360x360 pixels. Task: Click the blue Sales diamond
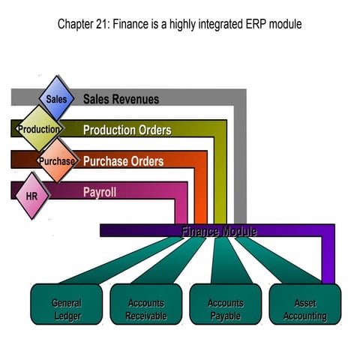(57, 98)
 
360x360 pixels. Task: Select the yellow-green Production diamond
(39, 129)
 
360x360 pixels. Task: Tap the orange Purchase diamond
(57, 160)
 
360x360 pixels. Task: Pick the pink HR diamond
(31, 196)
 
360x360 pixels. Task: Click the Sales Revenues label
(121, 99)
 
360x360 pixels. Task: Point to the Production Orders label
(127, 130)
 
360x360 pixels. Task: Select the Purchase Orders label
(124, 161)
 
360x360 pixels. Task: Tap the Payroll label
(100, 193)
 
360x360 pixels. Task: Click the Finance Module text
(219, 231)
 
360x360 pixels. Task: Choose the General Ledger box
(67, 304)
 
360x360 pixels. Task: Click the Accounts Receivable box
(146, 304)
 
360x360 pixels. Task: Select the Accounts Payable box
(226, 304)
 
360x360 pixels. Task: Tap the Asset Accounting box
(305, 304)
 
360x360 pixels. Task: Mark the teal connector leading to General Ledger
(121, 260)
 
